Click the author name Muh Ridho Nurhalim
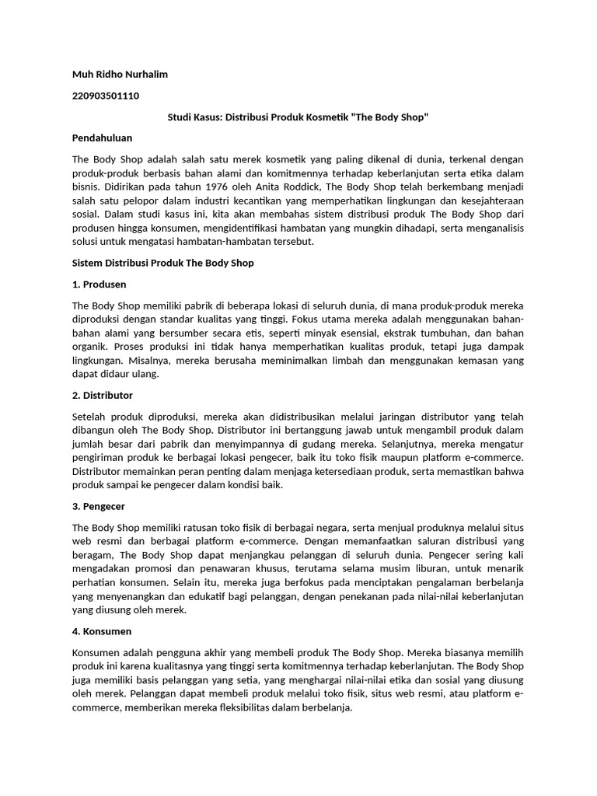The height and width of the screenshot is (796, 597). click(120, 74)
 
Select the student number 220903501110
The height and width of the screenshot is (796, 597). click(106, 96)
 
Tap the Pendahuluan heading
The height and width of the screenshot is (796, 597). click(102, 138)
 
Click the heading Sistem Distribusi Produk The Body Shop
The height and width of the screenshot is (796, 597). click(162, 263)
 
